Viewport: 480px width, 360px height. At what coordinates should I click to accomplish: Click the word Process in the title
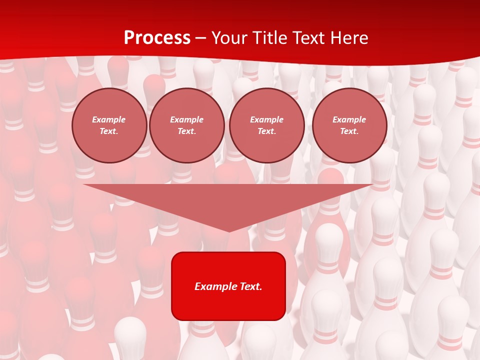157,38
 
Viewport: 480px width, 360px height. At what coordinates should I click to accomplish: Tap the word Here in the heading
348,38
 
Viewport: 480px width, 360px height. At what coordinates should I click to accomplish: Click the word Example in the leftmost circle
109,119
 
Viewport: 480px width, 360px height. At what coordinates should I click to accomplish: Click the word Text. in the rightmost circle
349,131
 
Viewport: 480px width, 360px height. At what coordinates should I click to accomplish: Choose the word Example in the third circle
267,119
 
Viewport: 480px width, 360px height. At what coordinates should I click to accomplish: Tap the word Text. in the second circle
187,131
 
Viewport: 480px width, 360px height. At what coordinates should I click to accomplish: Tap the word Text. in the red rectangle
250,286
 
